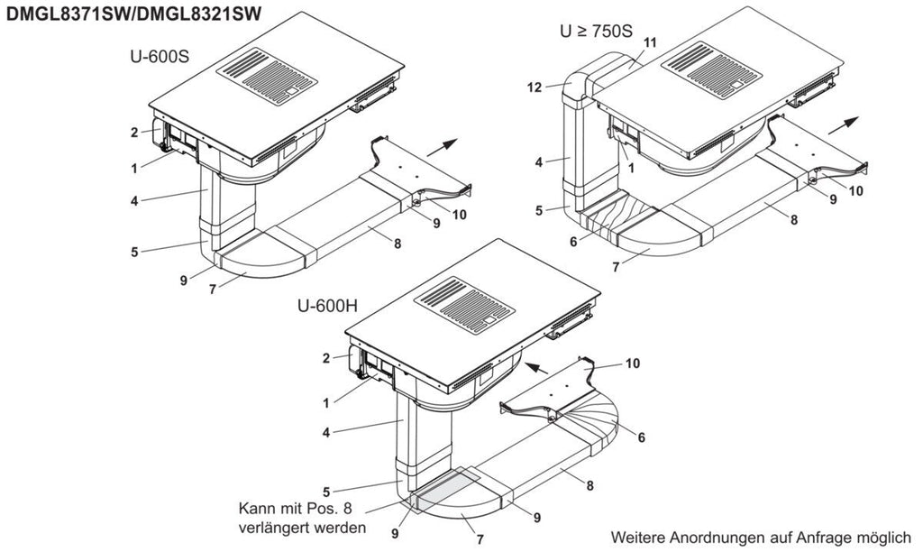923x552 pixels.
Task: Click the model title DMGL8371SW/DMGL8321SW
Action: [133, 14]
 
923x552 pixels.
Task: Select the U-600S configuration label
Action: [160, 57]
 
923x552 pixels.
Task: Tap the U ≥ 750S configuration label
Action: [596, 32]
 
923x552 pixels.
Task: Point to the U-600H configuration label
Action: [328, 307]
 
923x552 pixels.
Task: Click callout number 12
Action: [534, 87]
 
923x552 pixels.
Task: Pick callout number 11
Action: [650, 42]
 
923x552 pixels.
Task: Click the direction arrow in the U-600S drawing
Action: [442, 147]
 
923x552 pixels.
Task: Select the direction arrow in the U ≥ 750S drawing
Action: [844, 125]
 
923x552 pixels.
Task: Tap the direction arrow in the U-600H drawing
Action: [535, 369]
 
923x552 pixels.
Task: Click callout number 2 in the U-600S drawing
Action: [134, 133]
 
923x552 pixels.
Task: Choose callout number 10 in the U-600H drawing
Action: [632, 363]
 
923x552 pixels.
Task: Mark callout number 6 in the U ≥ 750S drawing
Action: [574, 242]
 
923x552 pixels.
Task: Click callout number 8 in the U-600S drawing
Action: [398, 243]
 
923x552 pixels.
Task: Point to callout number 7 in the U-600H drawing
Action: [480, 538]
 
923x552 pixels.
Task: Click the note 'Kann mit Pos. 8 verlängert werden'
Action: [302, 517]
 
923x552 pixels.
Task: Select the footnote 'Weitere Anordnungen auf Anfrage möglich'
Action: [761, 538]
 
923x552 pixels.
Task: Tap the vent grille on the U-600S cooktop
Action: [267, 76]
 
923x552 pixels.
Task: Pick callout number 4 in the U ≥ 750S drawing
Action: [539, 162]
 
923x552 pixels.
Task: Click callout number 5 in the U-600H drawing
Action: [326, 492]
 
